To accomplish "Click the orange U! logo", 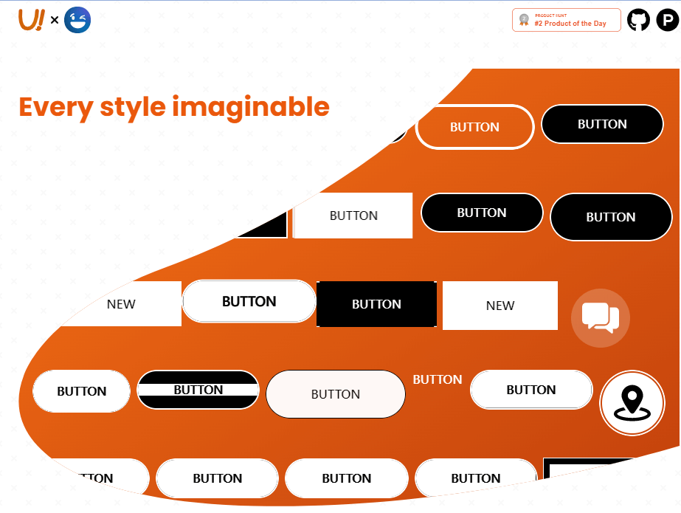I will (31, 20).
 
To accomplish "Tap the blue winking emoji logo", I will (77, 20).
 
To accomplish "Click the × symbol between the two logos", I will (55, 21).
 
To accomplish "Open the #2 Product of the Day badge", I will (566, 20).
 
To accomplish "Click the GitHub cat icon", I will (639, 20).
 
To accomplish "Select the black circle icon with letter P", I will (667, 20).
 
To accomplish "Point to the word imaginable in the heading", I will (251, 107).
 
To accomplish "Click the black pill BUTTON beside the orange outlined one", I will (602, 124).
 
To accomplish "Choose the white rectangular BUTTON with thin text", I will (353, 216).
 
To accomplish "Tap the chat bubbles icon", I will (601, 317).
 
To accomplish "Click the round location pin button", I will (632, 403).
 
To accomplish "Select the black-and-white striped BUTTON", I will (198, 390).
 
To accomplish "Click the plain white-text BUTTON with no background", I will (438, 379).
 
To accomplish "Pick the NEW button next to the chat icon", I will (500, 306).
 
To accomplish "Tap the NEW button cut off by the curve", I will (122, 304).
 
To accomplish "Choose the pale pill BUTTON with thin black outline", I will (336, 394).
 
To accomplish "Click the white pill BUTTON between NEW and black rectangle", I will (249, 301).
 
